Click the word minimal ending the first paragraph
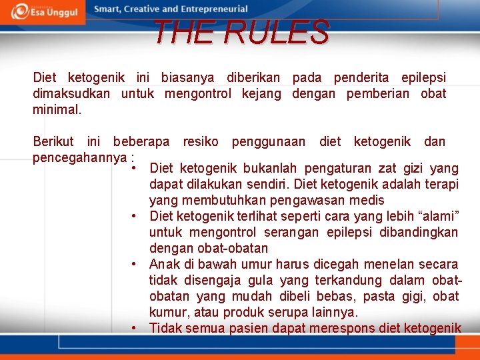[x=57, y=109]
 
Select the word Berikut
[x=55, y=141]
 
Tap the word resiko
[x=201, y=141]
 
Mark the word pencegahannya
[x=80, y=157]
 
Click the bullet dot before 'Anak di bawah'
[x=135, y=264]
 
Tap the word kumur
[x=167, y=312]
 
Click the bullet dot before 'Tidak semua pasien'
[x=135, y=328]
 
